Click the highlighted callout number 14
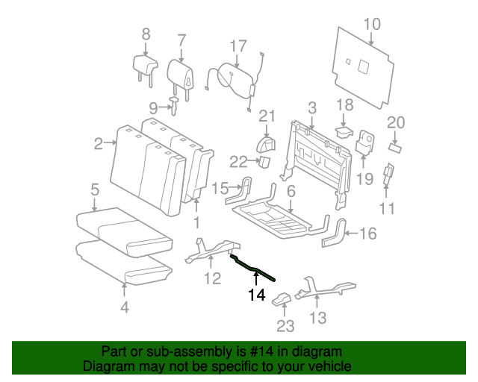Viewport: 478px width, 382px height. [x=256, y=295]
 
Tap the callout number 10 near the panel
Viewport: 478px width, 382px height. [x=372, y=25]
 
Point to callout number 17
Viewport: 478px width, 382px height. [x=238, y=46]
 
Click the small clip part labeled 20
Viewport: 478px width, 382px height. [x=395, y=148]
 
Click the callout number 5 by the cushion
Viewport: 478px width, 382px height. [x=95, y=190]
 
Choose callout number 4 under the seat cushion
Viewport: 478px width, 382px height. [x=125, y=307]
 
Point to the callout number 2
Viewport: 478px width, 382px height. [x=99, y=144]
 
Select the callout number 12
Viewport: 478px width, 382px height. [x=213, y=278]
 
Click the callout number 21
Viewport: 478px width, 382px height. [x=267, y=115]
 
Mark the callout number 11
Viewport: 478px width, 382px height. [x=386, y=207]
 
